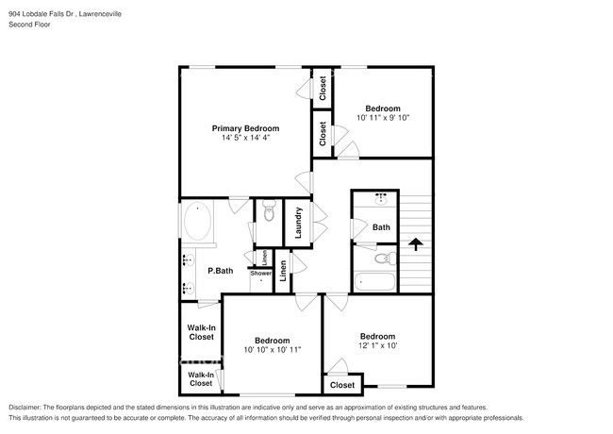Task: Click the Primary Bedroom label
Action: click(245, 128)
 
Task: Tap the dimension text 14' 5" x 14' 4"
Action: click(245, 139)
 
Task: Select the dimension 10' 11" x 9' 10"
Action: click(383, 118)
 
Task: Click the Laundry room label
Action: click(298, 226)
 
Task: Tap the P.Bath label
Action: click(220, 272)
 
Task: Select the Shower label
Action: click(260, 274)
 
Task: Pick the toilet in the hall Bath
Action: click(382, 257)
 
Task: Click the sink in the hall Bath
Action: click(382, 199)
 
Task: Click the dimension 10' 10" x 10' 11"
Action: click(272, 350)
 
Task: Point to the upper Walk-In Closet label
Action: click(200, 332)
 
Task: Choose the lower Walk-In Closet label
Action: click(200, 379)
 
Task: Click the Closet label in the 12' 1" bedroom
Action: click(342, 385)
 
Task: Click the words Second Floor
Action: click(30, 25)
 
